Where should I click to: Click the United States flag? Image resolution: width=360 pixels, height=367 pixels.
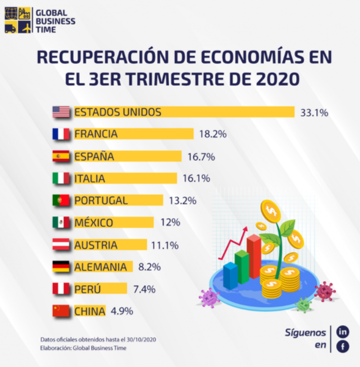[x=61, y=112]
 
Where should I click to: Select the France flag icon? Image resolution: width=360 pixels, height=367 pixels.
[x=61, y=134]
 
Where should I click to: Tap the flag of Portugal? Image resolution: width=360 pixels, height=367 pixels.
[x=61, y=200]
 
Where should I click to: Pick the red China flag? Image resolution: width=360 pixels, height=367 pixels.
[x=61, y=311]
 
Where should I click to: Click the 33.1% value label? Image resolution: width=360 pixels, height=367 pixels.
[x=314, y=113]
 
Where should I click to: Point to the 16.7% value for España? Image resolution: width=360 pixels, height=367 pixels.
[x=201, y=157]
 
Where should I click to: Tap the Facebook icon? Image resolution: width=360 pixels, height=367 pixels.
[x=343, y=347]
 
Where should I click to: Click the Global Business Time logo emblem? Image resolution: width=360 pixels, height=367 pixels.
[x=18, y=21]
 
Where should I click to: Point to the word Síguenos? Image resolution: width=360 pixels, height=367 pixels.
[x=305, y=333]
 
